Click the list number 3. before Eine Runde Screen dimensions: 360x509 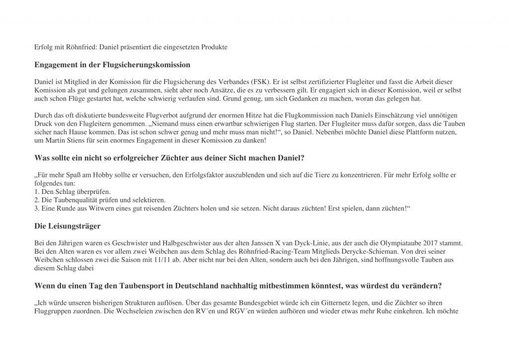point(37,208)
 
